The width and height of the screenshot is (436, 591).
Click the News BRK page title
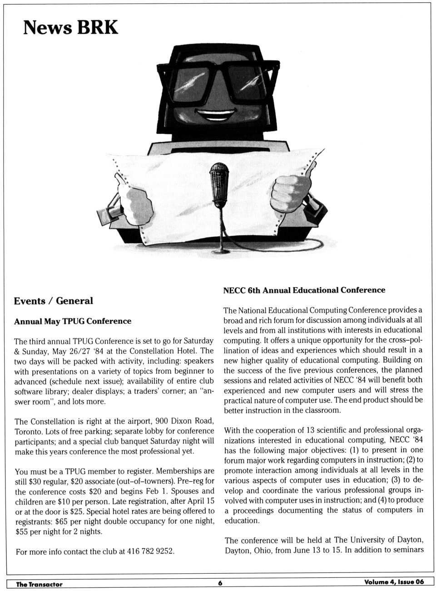(70, 27)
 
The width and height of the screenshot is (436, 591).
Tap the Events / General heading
(53, 301)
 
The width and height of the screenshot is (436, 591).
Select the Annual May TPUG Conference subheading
(73, 321)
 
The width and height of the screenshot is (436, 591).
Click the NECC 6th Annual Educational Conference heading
(304, 290)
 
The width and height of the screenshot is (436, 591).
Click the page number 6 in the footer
(220, 583)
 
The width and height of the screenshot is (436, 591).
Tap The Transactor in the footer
(39, 584)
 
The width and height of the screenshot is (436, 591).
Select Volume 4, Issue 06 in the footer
(394, 582)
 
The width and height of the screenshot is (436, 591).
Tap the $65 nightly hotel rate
(62, 521)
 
